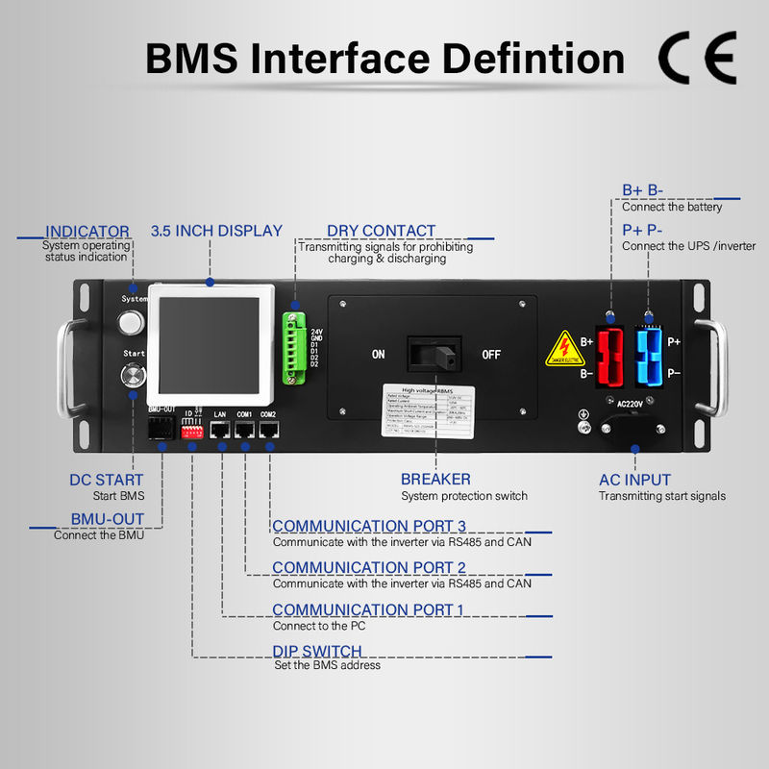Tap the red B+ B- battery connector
609,353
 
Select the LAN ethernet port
221,433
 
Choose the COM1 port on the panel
245,433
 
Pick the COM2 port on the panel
269,433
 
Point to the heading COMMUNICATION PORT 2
368,567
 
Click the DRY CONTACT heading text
381,231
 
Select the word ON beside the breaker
379,355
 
